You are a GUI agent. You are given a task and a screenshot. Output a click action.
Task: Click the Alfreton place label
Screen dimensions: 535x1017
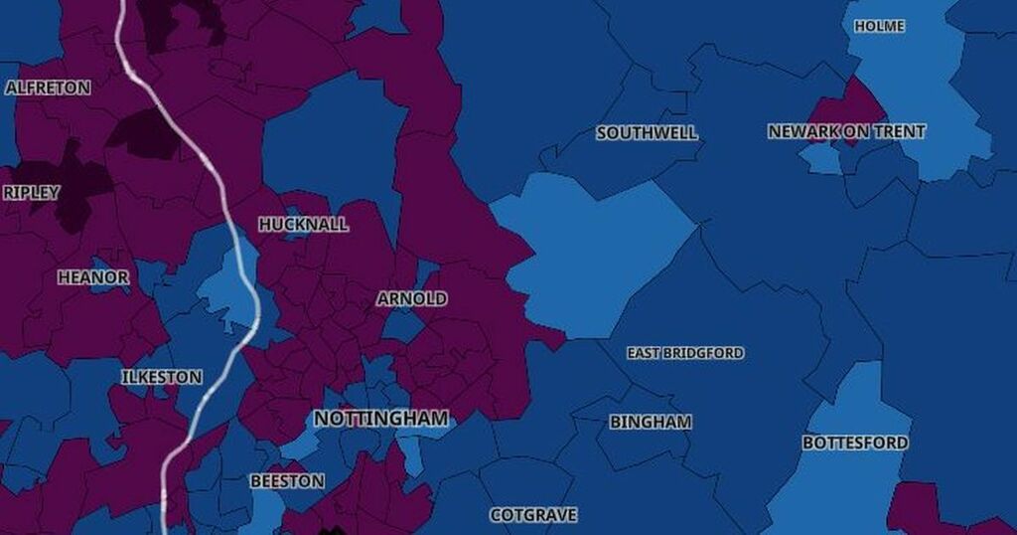pyautogui.click(x=48, y=88)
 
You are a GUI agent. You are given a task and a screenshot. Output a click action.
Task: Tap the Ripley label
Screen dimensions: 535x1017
pyautogui.click(x=31, y=193)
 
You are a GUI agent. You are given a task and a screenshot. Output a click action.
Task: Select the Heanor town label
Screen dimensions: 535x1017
pyautogui.click(x=92, y=277)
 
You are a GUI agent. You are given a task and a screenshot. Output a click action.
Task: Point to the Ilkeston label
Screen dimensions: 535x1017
pyautogui.click(x=161, y=377)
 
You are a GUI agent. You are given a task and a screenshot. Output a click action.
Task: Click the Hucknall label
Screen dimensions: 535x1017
pyautogui.click(x=303, y=225)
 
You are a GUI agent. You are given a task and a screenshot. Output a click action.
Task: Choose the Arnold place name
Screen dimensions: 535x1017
pyautogui.click(x=411, y=298)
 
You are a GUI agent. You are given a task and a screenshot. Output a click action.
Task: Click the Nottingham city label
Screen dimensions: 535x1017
pyautogui.click(x=380, y=419)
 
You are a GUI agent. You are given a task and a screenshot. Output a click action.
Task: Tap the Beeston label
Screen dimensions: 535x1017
pyautogui.click(x=286, y=481)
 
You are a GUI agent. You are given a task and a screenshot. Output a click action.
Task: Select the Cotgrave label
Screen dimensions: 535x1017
pyautogui.click(x=532, y=515)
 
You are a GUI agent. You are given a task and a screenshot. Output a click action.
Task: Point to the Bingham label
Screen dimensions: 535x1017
pyautogui.click(x=650, y=422)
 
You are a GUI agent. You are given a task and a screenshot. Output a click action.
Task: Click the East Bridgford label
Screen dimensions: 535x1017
pyautogui.click(x=684, y=353)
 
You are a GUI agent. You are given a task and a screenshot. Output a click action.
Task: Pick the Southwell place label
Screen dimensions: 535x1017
pyautogui.click(x=647, y=133)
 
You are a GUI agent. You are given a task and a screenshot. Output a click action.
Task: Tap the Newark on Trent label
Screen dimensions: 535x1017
pyautogui.click(x=846, y=131)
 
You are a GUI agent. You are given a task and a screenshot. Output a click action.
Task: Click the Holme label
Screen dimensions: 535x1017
pyautogui.click(x=879, y=26)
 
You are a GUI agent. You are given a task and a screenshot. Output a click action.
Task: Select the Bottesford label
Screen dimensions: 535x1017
pyautogui.click(x=854, y=443)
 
